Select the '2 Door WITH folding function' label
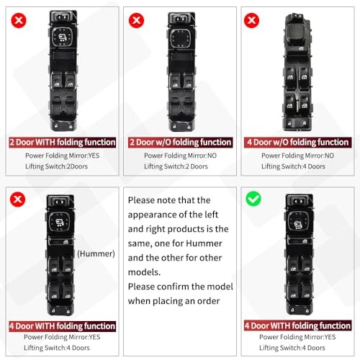[60, 143]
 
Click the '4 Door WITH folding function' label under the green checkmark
[297, 325]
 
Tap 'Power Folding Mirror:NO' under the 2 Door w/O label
[180, 155]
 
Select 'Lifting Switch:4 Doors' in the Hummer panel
[57, 348]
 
